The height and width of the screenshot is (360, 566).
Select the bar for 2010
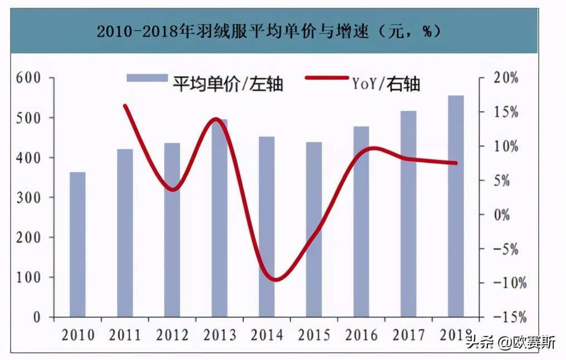coord(77,245)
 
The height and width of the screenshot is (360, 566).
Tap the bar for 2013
coord(219,218)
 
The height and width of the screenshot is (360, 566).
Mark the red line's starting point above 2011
coord(125,105)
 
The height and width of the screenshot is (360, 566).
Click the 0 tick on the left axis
coord(36,317)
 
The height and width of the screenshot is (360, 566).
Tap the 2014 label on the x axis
coord(267,335)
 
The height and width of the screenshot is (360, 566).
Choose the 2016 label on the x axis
coord(361,335)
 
